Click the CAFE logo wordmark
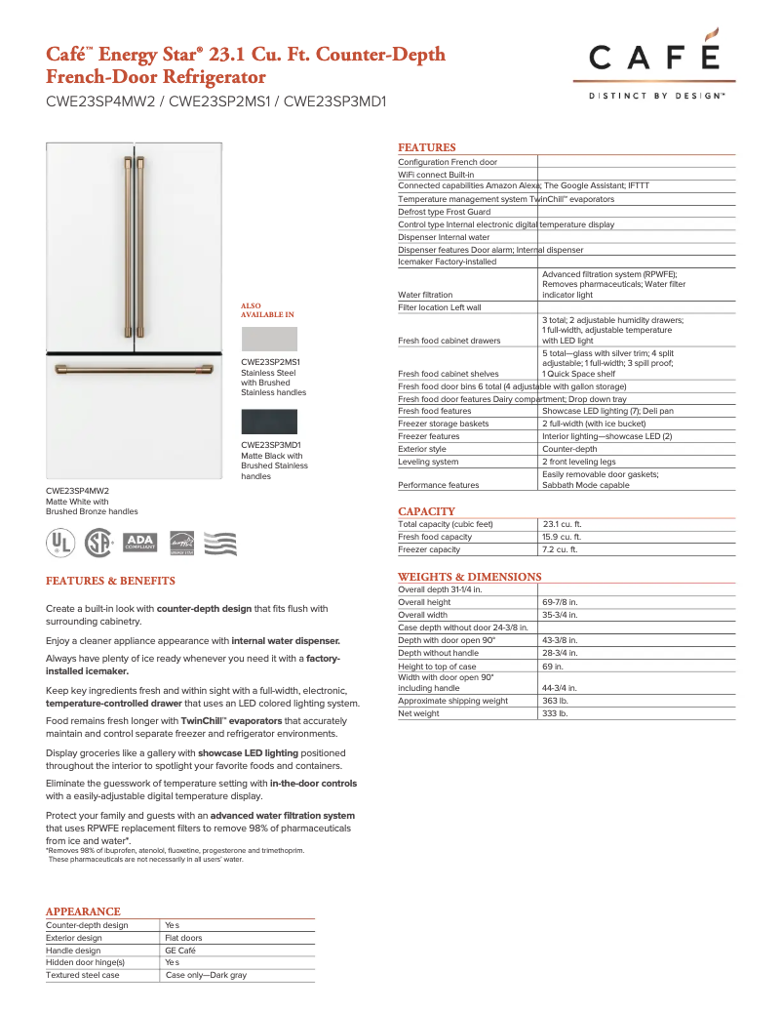pyautogui.click(x=653, y=61)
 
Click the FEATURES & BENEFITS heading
pyautogui.click(x=110, y=581)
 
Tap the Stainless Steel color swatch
pyautogui.click(x=268, y=340)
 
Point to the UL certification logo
pyautogui.click(x=61, y=543)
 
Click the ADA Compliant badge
pyautogui.click(x=141, y=542)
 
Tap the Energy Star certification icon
pyautogui.click(x=182, y=543)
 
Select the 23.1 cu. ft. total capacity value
pyautogui.click(x=562, y=524)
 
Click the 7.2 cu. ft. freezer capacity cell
pyautogui.click(x=560, y=549)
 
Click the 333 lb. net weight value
pyautogui.click(x=555, y=713)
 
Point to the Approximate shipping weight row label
pyautogui.click(x=452, y=701)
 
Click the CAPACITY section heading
pyautogui.click(x=426, y=511)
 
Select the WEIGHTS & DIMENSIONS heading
pyautogui.click(x=469, y=577)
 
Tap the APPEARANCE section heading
pyautogui.click(x=83, y=911)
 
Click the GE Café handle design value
pyautogui.click(x=183, y=950)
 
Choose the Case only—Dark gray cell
pyautogui.click(x=206, y=975)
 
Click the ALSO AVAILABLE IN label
pyautogui.click(x=266, y=310)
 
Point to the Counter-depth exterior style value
pyautogui.click(x=569, y=449)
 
